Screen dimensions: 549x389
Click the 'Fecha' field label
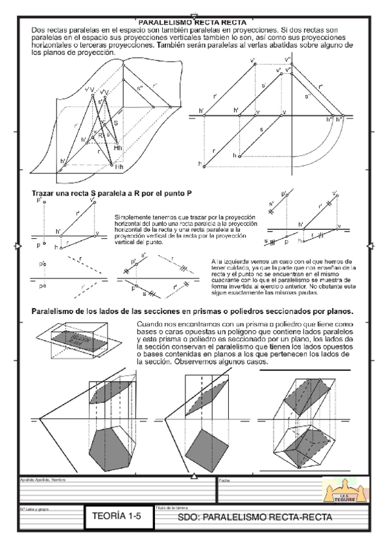click(224, 480)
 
